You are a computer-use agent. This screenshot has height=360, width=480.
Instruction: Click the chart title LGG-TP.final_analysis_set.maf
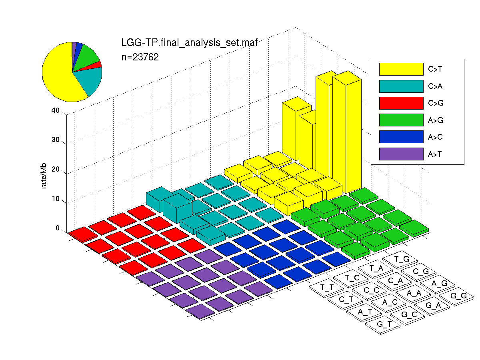(189, 43)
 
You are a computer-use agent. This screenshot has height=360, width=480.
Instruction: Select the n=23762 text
(140, 57)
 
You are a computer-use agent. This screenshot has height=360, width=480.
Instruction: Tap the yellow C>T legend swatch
(401, 69)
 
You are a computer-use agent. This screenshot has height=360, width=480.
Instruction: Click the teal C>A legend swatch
(401, 86)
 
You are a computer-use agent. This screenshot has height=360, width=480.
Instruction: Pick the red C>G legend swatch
(401, 103)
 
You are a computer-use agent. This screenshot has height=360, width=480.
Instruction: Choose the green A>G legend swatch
(401, 120)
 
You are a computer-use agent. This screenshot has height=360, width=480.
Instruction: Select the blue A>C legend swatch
(401, 137)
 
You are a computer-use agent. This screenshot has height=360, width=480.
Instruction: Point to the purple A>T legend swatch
(401, 154)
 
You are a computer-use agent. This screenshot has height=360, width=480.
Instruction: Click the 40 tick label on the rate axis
(56, 110)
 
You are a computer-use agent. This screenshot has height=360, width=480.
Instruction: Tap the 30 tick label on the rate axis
(56, 140)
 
